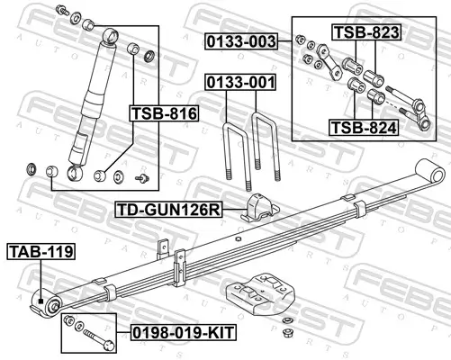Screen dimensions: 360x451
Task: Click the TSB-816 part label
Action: coord(158,113)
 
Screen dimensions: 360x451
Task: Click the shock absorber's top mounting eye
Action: coord(110,35)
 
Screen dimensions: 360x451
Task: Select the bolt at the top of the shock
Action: coord(60,12)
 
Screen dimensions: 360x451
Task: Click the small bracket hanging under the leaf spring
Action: coord(164,246)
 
